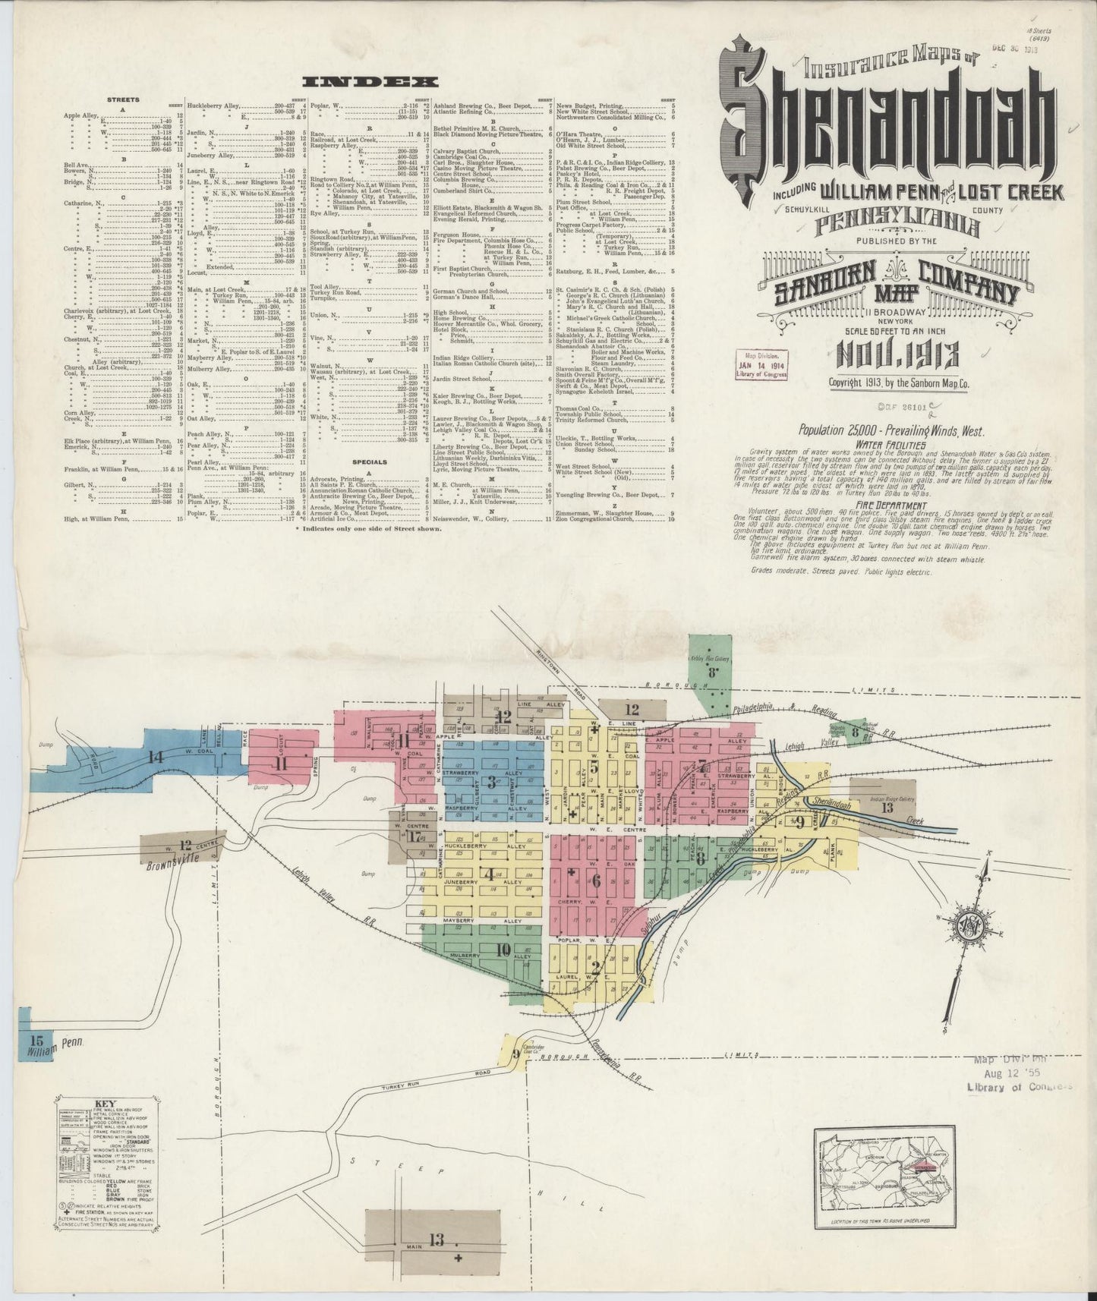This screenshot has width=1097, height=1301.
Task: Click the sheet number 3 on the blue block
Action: tap(492, 781)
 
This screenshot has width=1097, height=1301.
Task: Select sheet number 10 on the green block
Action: tap(503, 949)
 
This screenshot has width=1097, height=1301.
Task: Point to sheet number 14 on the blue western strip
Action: tap(156, 756)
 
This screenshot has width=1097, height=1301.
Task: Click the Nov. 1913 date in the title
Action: tap(899, 354)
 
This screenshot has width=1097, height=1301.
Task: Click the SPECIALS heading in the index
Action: tap(369, 461)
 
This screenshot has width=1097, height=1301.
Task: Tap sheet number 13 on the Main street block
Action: tap(435, 1240)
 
